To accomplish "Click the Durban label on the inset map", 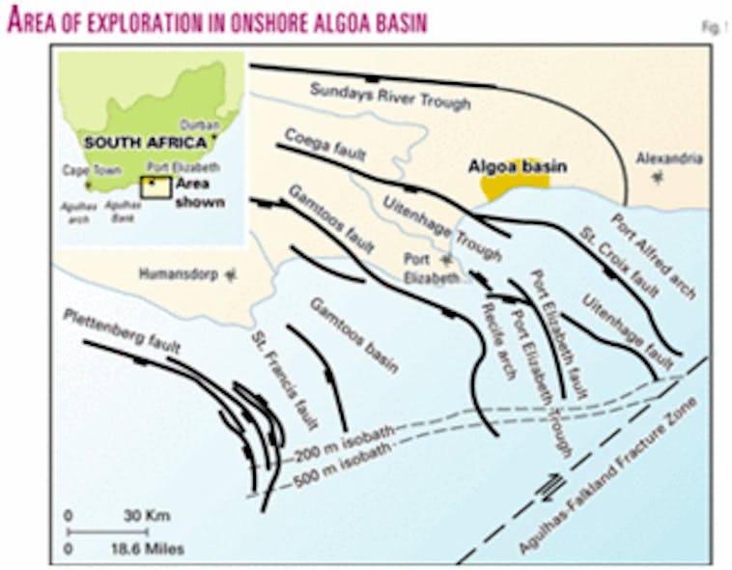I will [199, 125].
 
